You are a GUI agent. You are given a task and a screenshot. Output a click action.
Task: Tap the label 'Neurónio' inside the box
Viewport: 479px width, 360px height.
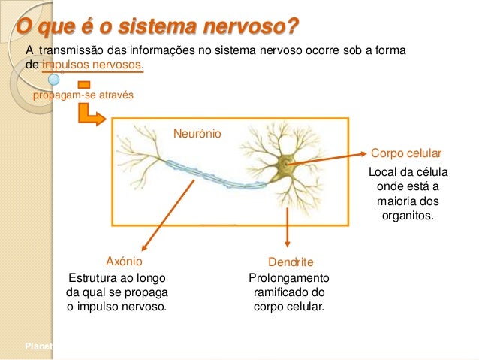(x=197, y=133)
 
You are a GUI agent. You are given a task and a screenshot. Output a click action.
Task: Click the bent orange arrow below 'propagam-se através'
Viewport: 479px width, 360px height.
(x=93, y=113)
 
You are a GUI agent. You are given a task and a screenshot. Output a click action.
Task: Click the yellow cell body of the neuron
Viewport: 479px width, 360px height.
(x=286, y=164)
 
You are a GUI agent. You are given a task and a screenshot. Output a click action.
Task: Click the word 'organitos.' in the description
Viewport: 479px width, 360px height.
(x=408, y=215)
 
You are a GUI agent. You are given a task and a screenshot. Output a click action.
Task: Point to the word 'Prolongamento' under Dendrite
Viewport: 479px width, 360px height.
(x=288, y=277)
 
